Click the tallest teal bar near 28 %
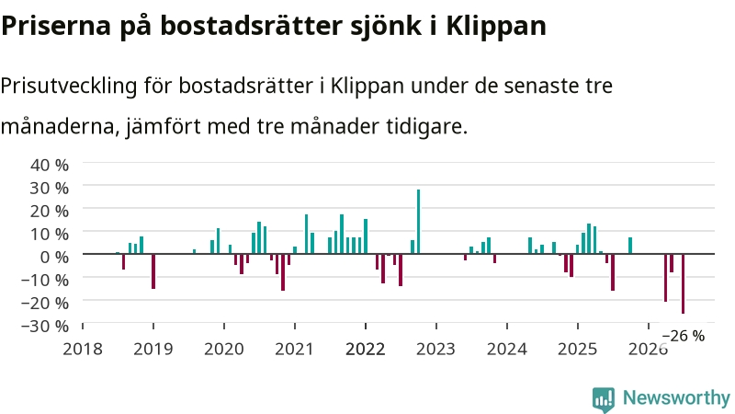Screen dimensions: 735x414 [x=419, y=222]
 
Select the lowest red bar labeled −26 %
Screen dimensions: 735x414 [x=683, y=283]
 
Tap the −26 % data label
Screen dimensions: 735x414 [x=684, y=336]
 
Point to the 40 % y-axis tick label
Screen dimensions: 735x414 [x=50, y=165]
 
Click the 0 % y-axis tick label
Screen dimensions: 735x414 [x=54, y=257]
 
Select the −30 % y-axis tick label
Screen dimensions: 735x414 [x=45, y=326]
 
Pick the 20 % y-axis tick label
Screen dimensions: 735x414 [x=50, y=211]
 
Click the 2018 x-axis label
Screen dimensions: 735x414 [x=83, y=349]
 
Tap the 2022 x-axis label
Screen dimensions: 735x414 [x=365, y=349]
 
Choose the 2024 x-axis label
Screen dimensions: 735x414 [x=507, y=349]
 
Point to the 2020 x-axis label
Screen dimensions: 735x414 [x=224, y=349]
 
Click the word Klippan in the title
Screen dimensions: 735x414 [x=496, y=27]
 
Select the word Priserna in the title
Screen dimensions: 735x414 [x=56, y=26]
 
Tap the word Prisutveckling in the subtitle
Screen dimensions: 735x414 [x=69, y=86]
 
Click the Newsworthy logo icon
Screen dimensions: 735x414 [x=604, y=399]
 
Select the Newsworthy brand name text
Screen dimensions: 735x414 [x=676, y=398]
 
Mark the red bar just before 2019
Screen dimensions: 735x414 [x=153, y=271]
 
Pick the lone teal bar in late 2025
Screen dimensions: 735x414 [x=630, y=246]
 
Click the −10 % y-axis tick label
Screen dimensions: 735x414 [x=45, y=280]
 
